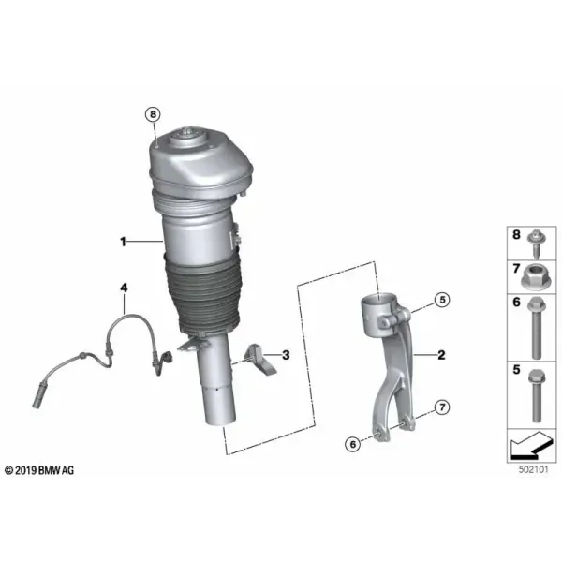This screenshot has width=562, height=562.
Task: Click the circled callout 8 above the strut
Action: click(x=153, y=114)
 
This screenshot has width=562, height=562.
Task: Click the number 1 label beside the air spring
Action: click(x=123, y=242)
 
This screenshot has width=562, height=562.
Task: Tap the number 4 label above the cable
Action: click(x=124, y=288)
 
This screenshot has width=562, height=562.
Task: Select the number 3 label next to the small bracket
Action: click(x=286, y=355)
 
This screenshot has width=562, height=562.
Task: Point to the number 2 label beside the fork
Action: click(x=441, y=355)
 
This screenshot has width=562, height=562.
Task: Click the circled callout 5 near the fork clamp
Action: click(x=442, y=300)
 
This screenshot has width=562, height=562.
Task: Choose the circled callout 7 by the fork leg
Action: click(x=442, y=407)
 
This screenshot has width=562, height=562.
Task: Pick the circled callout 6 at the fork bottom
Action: click(x=353, y=444)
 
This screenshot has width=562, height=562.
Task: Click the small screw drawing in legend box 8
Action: click(x=535, y=244)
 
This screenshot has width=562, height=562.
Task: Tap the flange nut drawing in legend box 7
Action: click(x=534, y=277)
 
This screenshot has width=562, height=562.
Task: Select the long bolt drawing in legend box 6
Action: click(x=536, y=328)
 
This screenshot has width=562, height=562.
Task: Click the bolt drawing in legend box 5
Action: click(x=537, y=395)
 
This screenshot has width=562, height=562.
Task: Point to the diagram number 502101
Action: click(x=533, y=469)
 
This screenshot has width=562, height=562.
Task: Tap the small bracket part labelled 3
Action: click(x=260, y=361)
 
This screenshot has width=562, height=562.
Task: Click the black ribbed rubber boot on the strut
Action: click(x=202, y=294)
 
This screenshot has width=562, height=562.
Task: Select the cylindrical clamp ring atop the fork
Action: click(x=379, y=313)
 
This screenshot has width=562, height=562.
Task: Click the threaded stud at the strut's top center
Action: click(x=186, y=130)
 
